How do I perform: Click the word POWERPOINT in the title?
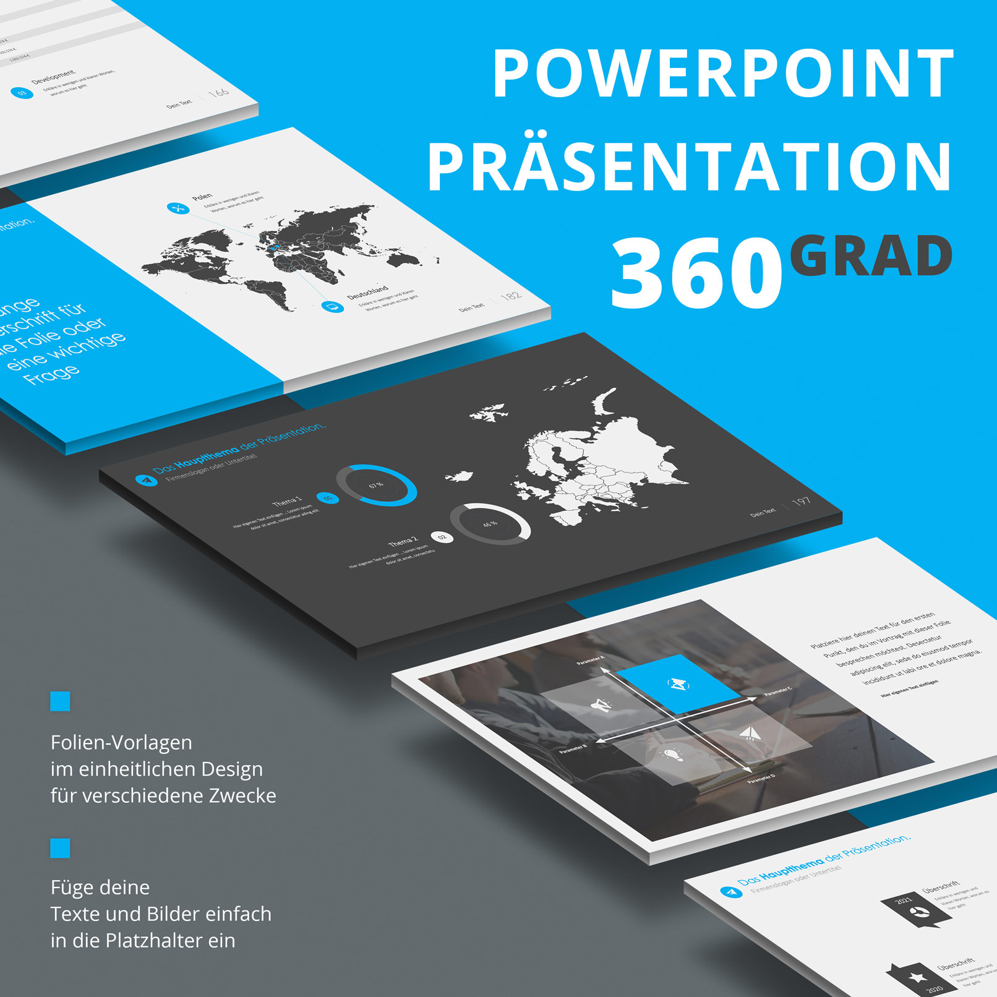[722, 74]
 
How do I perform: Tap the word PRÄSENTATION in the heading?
[690, 167]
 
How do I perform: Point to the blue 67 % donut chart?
[376, 486]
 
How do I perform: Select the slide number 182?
[510, 296]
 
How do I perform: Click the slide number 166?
[218, 93]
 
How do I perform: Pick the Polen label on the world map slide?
[202, 197]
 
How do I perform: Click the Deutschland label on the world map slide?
[367, 292]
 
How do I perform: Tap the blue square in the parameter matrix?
[678, 683]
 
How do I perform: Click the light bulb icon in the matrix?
[672, 755]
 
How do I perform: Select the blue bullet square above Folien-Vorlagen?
[60, 701]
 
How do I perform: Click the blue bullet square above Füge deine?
[60, 848]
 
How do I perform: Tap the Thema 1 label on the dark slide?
[287, 500]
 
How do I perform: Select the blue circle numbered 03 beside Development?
[22, 93]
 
